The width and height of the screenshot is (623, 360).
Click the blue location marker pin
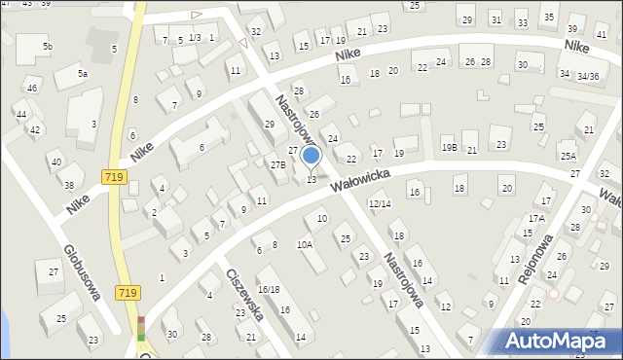311,157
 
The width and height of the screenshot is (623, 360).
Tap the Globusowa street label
84,272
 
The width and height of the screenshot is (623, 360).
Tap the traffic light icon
141,328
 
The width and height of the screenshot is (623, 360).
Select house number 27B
278,165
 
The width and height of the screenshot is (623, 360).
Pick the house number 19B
449,147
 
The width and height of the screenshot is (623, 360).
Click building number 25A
568,156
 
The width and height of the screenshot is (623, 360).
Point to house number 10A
305,244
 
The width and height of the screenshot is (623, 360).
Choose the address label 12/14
380,203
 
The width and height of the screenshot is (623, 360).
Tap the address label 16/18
270,290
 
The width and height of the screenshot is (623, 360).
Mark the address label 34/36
587,76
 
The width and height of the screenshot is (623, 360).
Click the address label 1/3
195,37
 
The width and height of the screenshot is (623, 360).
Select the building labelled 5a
84,74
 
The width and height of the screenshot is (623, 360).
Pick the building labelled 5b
47,47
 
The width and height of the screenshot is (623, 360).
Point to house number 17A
536,218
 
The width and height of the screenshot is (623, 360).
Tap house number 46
32,89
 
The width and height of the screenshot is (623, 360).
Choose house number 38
68,185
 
